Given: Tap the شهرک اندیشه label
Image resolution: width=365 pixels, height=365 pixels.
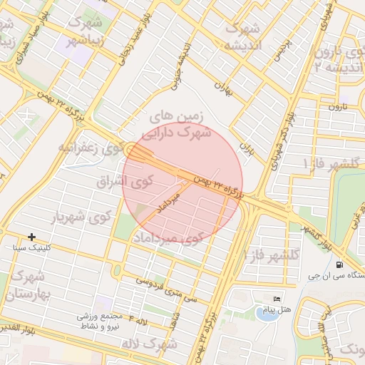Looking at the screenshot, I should [x=243, y=36].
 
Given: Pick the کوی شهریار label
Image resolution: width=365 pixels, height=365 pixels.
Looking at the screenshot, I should [x=83, y=216].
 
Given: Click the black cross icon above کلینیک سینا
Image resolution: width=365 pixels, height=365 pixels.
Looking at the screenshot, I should [x=31, y=236].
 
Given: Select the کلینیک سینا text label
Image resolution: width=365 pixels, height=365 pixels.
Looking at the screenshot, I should [x=32, y=247].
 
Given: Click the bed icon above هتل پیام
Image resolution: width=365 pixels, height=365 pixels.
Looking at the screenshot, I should [x=277, y=298].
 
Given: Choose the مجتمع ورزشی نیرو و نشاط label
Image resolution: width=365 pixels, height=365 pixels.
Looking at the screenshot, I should [x=111, y=322].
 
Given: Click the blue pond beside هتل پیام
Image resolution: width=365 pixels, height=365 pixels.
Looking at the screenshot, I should [x=265, y=314].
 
